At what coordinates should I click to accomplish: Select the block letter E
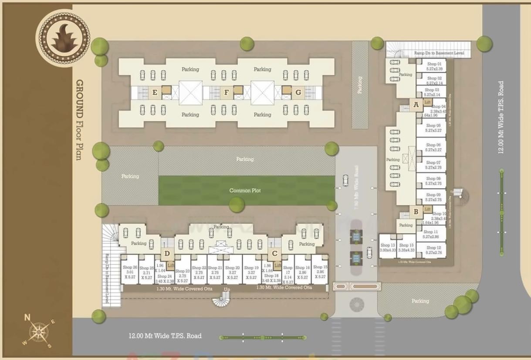tap(155, 92)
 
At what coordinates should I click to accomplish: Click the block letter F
tap(227, 92)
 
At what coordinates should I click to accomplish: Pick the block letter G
tap(298, 92)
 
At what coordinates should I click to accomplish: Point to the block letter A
tap(416, 105)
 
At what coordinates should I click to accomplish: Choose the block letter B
tap(416, 212)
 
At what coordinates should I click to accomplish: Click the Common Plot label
tap(245, 190)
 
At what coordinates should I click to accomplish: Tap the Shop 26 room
tap(130, 272)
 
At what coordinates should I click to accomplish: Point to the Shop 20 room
tap(233, 272)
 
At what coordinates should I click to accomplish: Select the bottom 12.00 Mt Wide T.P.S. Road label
tap(165, 336)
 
